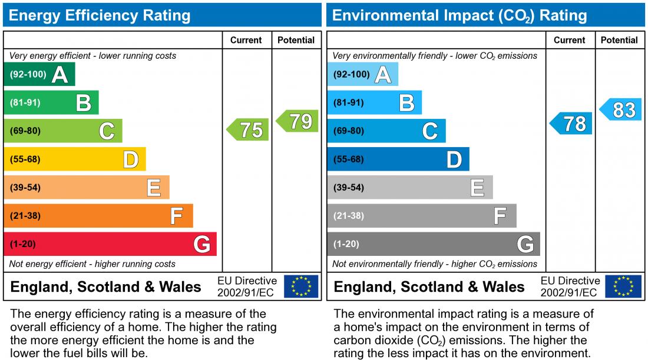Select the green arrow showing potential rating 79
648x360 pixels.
point(297,121)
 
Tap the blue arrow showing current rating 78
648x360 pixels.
point(571,124)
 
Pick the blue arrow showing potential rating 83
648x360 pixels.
point(621,110)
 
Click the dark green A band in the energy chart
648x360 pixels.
point(39,75)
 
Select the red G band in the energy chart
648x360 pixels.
point(110,244)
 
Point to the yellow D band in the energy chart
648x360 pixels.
point(74,159)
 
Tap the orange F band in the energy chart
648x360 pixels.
point(98,216)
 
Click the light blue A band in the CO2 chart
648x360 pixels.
point(362,75)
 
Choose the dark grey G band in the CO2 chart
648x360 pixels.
point(433,244)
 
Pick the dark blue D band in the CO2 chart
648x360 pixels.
point(398,159)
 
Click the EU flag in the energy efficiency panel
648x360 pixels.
point(301,286)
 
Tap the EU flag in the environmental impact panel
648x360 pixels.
point(624,286)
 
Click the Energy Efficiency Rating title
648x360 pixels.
point(100,15)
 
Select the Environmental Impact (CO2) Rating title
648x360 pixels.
point(459,15)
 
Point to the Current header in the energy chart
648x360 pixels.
point(246,40)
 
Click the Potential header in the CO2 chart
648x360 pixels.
point(619,40)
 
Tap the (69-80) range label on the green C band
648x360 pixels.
point(25,131)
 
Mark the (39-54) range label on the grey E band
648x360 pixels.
point(349,188)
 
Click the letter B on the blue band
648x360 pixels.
point(406,103)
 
